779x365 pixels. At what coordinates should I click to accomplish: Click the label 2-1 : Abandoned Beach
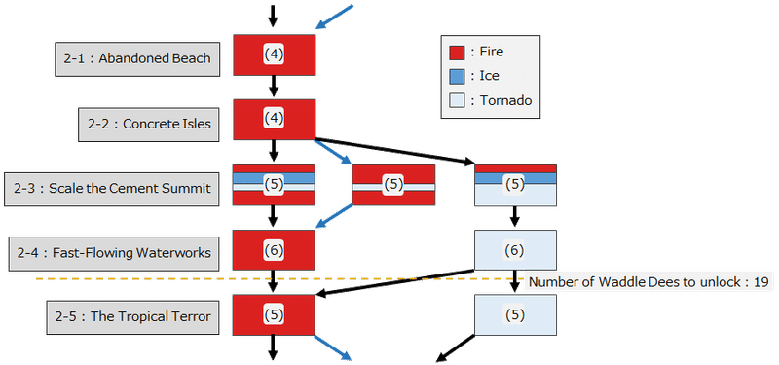click(x=136, y=59)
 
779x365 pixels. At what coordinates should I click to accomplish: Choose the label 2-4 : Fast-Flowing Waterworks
click(x=114, y=252)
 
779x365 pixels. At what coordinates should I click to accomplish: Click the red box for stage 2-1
click(x=274, y=55)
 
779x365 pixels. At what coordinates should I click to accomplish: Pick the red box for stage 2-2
click(x=274, y=119)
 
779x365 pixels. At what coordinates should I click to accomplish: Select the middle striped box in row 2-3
click(x=392, y=184)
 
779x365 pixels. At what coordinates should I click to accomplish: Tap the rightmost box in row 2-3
click(x=515, y=184)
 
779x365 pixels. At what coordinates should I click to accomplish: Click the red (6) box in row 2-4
click(x=274, y=250)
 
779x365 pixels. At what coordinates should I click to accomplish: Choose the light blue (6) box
click(x=515, y=250)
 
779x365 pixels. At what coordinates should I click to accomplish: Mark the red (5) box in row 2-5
click(x=274, y=315)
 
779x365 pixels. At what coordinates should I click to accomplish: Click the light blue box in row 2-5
click(x=515, y=315)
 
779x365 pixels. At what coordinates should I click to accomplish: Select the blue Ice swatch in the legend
click(x=456, y=76)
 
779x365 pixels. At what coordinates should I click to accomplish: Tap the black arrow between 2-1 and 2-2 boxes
click(x=274, y=86)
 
